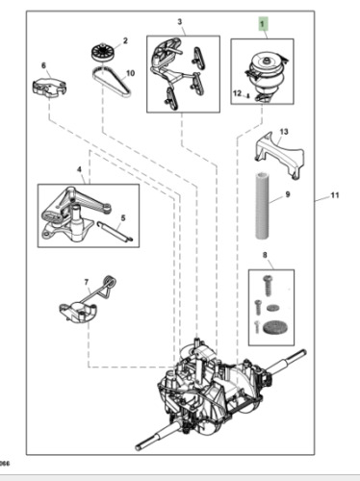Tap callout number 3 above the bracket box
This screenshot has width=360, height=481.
(179, 20)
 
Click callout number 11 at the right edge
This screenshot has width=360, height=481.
(335, 195)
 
